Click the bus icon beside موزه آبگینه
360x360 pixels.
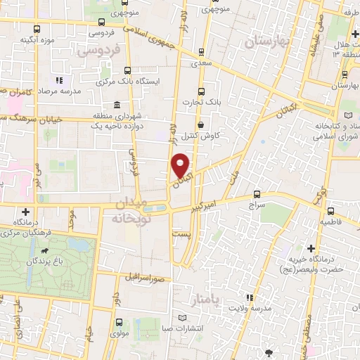37,30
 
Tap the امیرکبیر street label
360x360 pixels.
211,204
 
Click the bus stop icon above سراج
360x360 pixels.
256,194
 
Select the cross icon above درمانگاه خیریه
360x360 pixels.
311,247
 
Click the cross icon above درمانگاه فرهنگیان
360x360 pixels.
26,212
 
